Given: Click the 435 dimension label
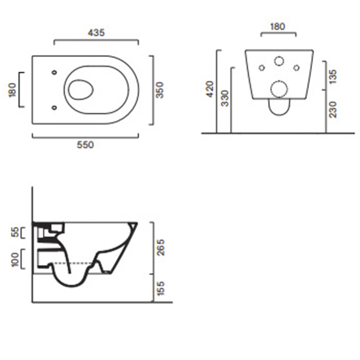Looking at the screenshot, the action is (x=96, y=32).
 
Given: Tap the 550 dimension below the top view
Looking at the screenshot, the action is (x=85, y=145).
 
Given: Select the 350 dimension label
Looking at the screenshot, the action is (x=159, y=90).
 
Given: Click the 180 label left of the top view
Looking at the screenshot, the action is (x=13, y=90).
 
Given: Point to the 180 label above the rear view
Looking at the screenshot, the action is (x=278, y=27).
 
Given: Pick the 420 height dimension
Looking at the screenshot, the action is (x=210, y=89).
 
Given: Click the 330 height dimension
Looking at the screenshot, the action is (x=225, y=98).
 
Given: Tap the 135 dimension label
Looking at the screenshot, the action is (x=333, y=77).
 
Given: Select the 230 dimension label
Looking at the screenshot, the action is (x=333, y=110).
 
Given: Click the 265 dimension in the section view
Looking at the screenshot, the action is (x=161, y=247).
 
